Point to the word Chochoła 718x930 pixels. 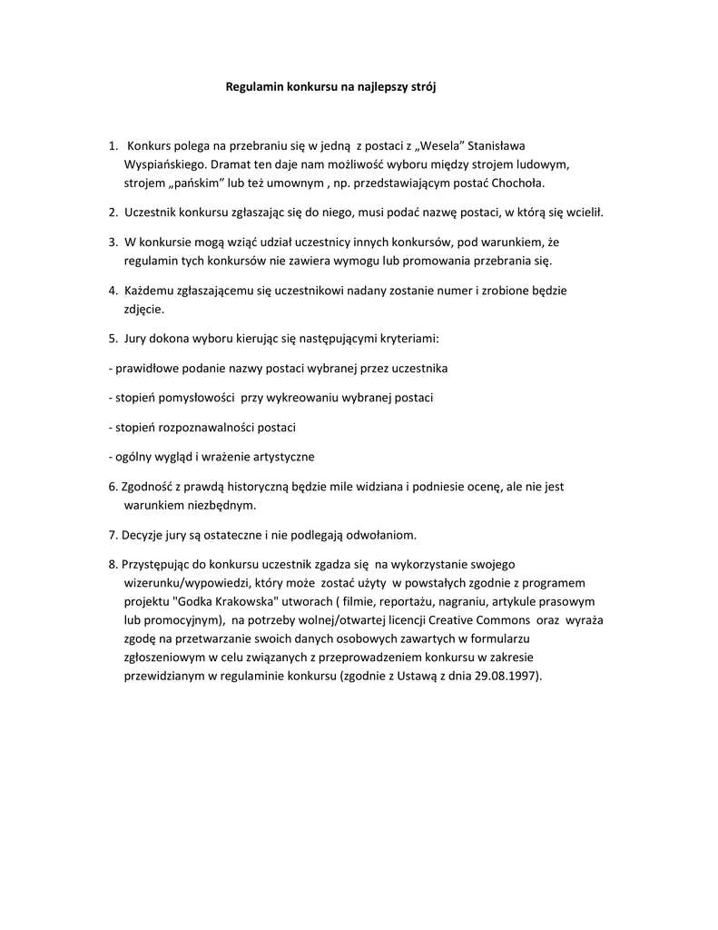520,183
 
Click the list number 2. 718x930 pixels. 113,213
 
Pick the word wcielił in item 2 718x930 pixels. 585,213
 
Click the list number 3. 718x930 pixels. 113,242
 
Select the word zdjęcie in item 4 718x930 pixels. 143,309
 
